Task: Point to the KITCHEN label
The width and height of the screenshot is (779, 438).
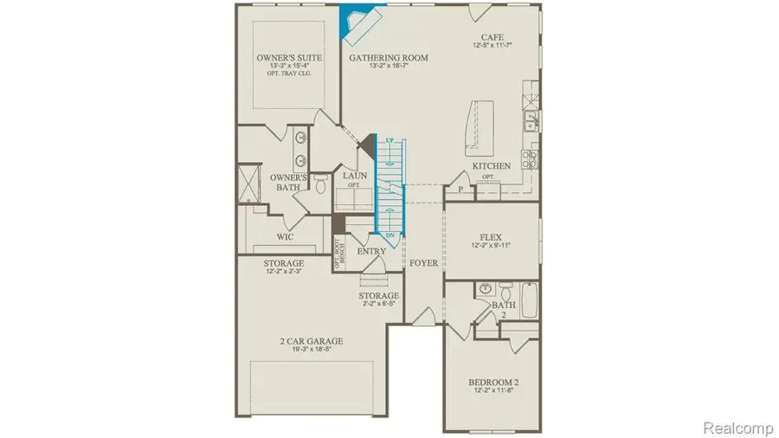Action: [491, 165]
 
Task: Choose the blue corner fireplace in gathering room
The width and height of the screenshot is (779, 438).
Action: [357, 21]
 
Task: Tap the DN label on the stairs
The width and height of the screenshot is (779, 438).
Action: [389, 235]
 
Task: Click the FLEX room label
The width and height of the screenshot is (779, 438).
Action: [492, 235]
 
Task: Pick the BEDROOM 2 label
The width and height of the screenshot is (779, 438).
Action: [493, 382]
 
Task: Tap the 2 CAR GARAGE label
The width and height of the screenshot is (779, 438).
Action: [310, 341]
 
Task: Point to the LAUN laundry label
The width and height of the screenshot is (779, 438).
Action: [356, 176]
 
